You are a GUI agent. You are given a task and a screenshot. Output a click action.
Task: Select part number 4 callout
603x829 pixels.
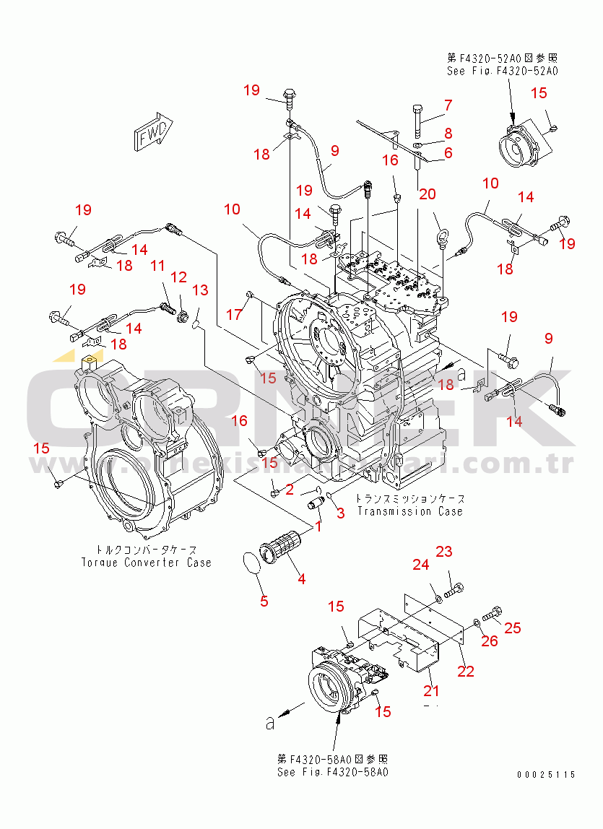click(301, 578)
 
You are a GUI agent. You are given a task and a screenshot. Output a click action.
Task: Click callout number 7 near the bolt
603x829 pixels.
click(448, 105)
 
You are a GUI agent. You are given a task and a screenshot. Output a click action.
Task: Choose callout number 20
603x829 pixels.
click(428, 194)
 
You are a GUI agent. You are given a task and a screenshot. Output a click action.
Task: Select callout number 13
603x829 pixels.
click(200, 290)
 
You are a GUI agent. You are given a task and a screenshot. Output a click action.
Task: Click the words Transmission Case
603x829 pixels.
click(409, 511)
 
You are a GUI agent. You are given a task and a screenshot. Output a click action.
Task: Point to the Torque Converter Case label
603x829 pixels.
click(147, 563)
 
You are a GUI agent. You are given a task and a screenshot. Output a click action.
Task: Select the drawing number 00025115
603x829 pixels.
click(546, 775)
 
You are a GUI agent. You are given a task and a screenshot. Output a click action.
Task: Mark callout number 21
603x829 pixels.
click(431, 691)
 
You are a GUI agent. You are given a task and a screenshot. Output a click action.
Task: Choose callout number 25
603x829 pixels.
click(512, 628)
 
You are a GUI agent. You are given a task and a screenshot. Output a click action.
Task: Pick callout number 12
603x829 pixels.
click(178, 277)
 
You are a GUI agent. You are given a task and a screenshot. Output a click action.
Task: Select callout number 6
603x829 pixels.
click(448, 153)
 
